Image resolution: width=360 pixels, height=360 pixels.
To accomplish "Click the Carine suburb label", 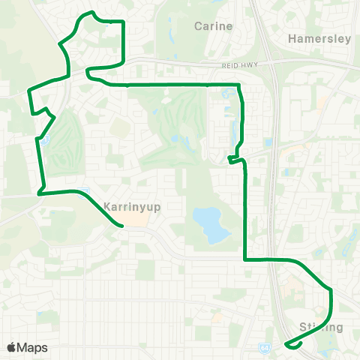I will click(x=214, y=26).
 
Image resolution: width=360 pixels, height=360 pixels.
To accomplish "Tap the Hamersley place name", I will click(x=319, y=38).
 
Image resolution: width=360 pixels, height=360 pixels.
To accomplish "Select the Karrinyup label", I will click(x=129, y=205).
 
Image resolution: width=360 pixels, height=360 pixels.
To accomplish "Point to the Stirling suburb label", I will click(x=321, y=327).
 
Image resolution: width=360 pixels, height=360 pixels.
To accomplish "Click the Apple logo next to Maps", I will click(x=12, y=347).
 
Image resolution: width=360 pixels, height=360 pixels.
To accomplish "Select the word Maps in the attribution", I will click(x=33, y=347).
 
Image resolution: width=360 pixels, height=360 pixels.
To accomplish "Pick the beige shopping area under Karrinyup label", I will click(x=135, y=219).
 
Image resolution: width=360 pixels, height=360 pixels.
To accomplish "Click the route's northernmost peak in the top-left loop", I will click(x=91, y=12).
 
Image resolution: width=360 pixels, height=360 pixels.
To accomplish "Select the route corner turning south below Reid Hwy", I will click(x=238, y=85).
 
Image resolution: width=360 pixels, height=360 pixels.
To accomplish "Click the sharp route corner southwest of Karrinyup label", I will click(x=39, y=193).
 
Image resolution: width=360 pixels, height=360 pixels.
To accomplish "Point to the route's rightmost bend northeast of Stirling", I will click(x=330, y=289).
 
